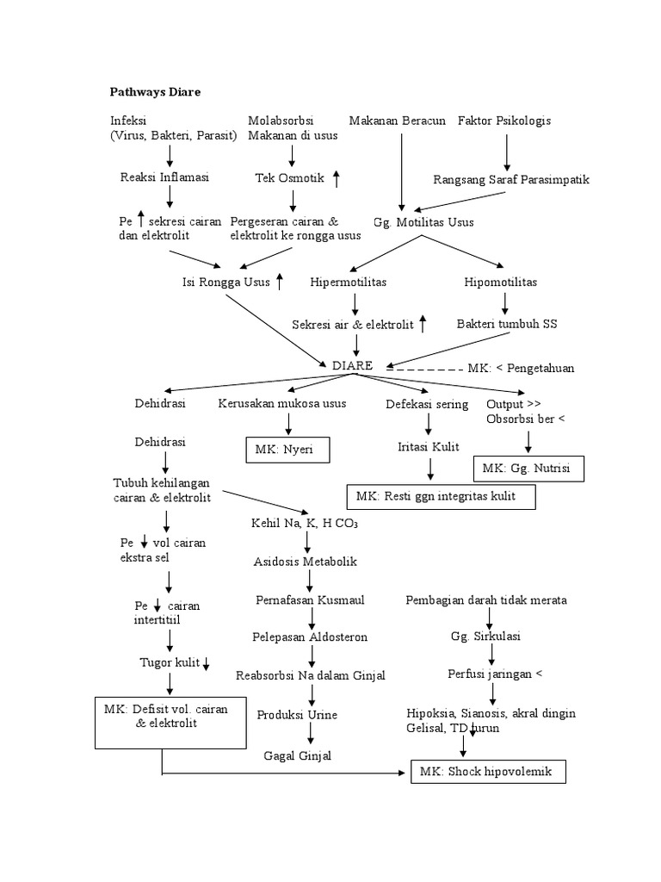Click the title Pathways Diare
coord(155,91)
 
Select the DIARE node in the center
coord(352,365)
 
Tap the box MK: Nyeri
coord(287,450)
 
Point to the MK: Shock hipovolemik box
coord(489,773)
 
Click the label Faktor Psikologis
coord(504,121)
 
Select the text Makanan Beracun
coord(397,121)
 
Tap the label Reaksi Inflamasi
coord(164,177)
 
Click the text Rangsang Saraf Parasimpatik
coord(511,180)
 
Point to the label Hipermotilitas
coord(348,282)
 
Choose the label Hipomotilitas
coord(502,282)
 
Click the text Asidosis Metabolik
coord(305,562)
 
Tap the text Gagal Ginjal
coord(297,755)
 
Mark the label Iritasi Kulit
coord(428,446)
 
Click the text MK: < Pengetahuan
coord(521,368)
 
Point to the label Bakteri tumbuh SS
coord(507,324)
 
